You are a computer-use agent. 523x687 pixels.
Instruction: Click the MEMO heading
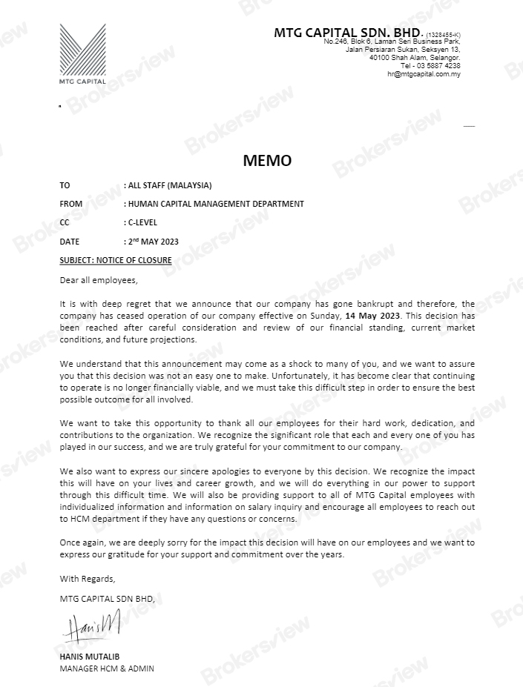click(x=267, y=161)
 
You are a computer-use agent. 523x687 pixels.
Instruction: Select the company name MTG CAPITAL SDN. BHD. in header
click(x=346, y=33)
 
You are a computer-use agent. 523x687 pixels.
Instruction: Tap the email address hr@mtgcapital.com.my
click(x=424, y=74)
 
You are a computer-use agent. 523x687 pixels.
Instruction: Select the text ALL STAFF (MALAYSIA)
click(x=170, y=185)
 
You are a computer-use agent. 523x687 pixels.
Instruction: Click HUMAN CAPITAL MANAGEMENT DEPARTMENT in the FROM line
click(x=216, y=204)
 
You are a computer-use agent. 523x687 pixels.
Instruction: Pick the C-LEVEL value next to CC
click(x=142, y=222)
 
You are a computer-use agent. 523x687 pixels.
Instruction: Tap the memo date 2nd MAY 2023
click(x=153, y=242)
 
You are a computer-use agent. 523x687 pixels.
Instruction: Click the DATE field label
click(x=69, y=242)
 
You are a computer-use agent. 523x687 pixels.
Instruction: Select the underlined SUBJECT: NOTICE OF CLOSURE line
click(x=115, y=260)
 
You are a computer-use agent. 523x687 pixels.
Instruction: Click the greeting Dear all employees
click(x=99, y=280)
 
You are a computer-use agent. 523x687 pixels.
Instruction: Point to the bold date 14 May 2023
click(x=373, y=316)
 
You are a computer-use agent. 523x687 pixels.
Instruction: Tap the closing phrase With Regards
click(x=88, y=578)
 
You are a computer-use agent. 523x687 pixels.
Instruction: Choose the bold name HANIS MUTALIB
click(x=89, y=657)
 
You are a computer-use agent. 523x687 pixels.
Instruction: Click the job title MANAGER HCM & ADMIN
click(x=107, y=668)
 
